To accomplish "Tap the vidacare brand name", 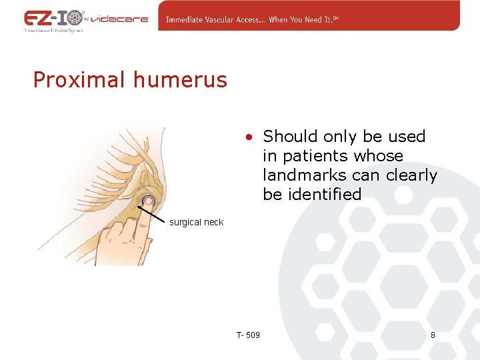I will [x=120, y=19].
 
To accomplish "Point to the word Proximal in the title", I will [x=79, y=80].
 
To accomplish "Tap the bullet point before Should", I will [x=247, y=137].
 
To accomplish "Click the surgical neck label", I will [x=196, y=222].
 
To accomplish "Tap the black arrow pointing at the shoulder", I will [x=151, y=213].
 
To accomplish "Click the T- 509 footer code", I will [x=248, y=335].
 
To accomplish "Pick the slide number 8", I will [x=433, y=335].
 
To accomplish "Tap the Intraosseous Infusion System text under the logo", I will [x=53, y=31].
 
